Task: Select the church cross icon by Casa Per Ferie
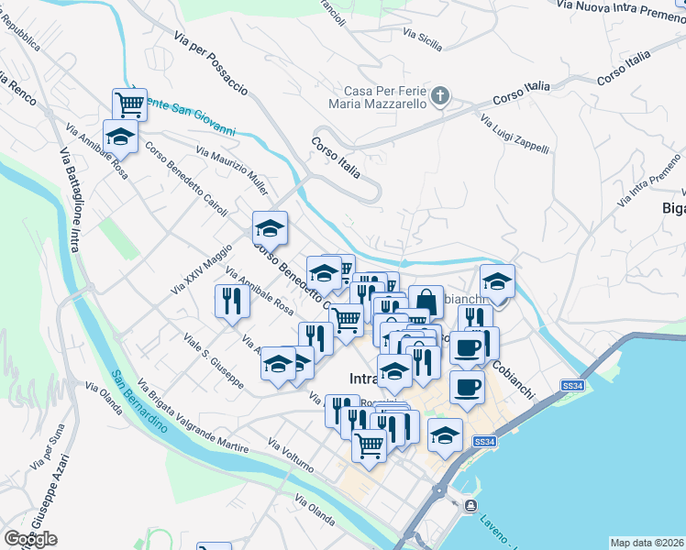[440, 95]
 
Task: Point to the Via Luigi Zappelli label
[514, 134]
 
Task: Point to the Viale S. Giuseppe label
[213, 361]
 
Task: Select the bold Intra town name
[365, 379]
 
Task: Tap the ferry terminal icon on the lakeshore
[470, 505]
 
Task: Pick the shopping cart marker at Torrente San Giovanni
[130, 104]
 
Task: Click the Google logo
[30, 539]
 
